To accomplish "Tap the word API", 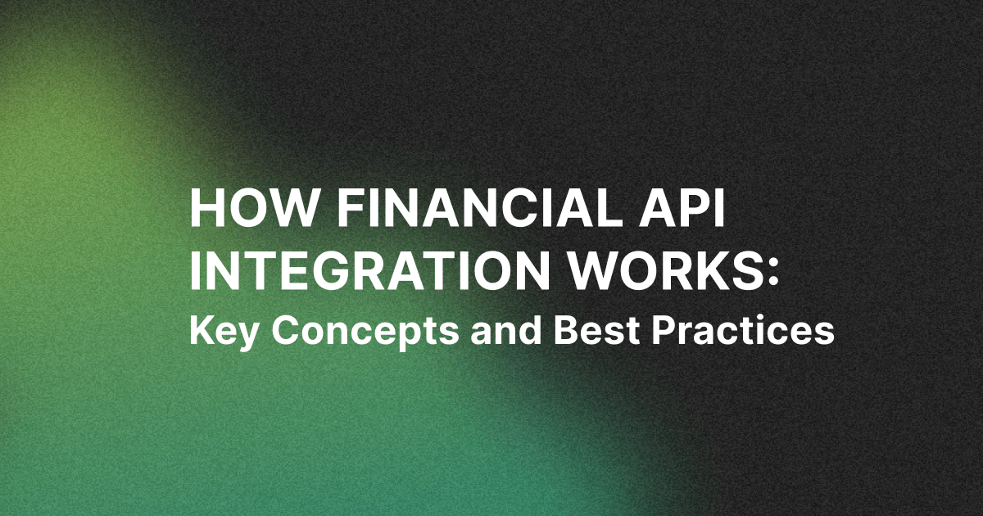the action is coord(677,206).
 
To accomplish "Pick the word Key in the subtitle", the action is coord(223,331).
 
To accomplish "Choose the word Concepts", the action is coord(365,333).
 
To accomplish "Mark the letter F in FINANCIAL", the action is coord(351,206).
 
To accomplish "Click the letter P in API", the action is coord(686,206).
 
